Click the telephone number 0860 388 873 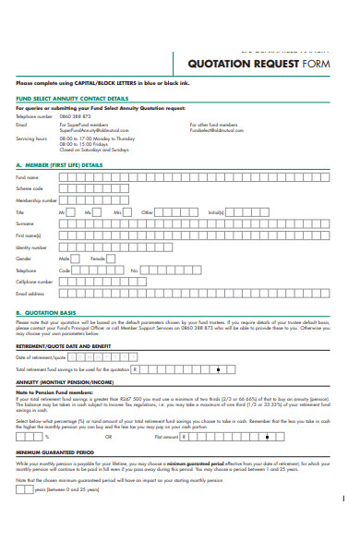[x=75, y=116]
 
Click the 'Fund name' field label [x=28, y=176]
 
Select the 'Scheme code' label [x=30, y=187]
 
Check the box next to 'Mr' [x=74, y=211]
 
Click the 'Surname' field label [x=26, y=223]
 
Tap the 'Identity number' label [x=31, y=247]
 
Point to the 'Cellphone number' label [x=35, y=282]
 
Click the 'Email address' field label [x=30, y=294]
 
